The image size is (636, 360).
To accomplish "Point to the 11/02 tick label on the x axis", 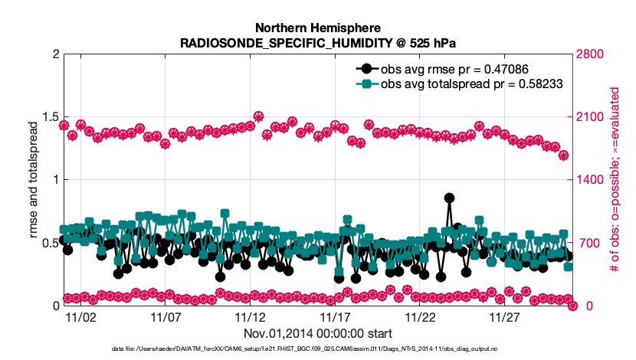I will pyautogui.click(x=80, y=316).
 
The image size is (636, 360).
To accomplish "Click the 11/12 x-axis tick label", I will pyautogui.click(x=250, y=316).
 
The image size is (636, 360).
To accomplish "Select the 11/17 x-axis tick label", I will pyautogui.click(x=334, y=316).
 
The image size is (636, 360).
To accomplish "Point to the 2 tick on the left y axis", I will pyautogui.click(x=54, y=54).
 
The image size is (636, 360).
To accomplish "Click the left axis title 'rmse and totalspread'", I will pyautogui.click(x=34, y=180).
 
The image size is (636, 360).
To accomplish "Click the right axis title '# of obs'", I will pyautogui.click(x=614, y=180).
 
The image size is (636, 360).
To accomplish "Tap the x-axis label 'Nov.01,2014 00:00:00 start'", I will pyautogui.click(x=317, y=333).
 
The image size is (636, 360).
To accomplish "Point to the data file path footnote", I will pyautogui.click(x=317, y=350).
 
